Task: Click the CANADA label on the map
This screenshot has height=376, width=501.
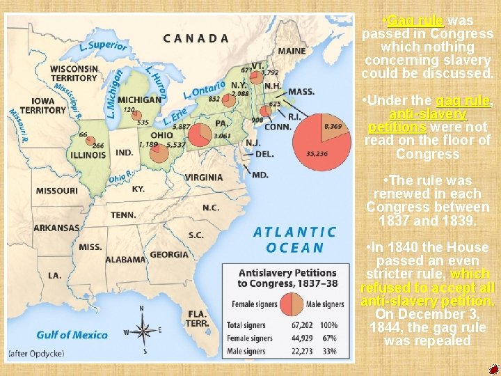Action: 196,38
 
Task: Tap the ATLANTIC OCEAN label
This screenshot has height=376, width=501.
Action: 294,240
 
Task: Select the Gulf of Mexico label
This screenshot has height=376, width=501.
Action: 73,334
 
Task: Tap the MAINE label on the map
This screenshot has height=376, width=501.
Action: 292,51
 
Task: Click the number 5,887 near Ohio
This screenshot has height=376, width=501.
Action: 182,127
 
